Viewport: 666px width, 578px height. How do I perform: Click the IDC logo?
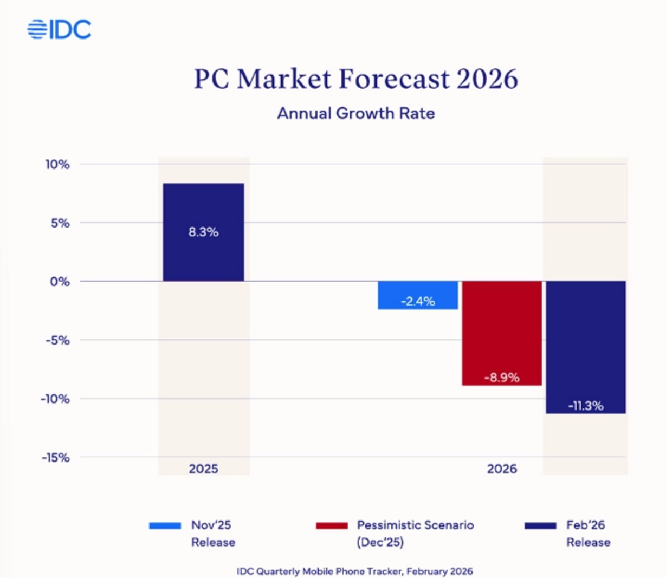60,29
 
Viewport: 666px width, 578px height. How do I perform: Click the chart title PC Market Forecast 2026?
356,79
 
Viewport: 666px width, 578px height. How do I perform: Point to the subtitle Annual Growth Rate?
356,113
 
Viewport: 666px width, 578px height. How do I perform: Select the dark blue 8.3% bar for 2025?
203,232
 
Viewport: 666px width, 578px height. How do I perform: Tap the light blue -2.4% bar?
418,295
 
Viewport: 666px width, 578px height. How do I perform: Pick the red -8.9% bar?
502,333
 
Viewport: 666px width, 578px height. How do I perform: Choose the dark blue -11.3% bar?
586,347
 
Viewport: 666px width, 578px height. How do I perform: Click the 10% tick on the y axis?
57,164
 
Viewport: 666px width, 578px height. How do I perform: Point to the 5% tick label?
60,223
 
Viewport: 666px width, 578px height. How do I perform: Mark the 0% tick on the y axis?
60,282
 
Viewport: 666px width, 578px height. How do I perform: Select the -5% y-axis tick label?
57,340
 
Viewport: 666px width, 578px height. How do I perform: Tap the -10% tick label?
55,399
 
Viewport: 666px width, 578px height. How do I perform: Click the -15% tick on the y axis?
55,458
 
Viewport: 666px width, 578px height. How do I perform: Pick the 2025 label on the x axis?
203,469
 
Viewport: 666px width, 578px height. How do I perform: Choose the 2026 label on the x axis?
502,469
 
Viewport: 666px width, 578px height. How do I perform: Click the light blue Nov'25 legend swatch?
165,525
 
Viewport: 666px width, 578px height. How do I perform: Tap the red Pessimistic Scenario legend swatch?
332,525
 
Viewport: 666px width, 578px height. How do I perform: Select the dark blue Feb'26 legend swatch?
540,525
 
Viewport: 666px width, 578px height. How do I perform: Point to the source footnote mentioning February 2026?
355,571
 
